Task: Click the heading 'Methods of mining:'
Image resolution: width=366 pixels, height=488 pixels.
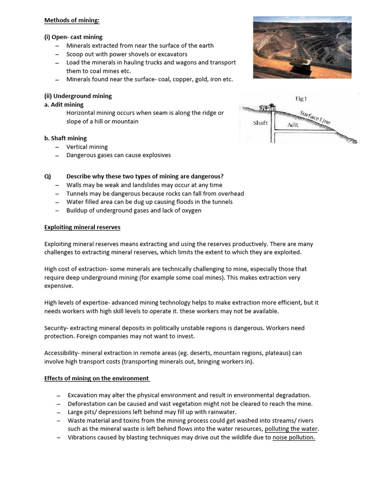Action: click(71, 20)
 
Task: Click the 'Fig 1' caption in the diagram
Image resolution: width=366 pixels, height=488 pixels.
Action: click(301, 99)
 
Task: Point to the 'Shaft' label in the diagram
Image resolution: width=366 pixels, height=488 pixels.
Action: click(261, 123)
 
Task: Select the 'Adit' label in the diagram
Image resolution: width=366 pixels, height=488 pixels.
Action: click(293, 125)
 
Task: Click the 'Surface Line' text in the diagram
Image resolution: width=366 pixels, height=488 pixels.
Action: click(315, 118)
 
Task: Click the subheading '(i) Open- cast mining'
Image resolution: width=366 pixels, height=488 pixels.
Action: click(73, 37)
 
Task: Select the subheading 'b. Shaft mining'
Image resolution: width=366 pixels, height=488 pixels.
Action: click(65, 138)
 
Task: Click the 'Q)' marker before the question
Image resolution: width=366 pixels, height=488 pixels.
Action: click(47, 176)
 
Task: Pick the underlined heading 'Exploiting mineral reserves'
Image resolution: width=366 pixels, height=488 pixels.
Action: click(82, 227)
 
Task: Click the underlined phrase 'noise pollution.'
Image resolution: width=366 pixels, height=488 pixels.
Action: click(294, 437)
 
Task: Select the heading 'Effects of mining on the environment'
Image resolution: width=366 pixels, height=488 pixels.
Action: click(97, 378)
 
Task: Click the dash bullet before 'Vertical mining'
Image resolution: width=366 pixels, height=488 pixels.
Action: click(57, 147)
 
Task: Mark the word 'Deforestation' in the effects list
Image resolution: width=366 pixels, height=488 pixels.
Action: click(86, 404)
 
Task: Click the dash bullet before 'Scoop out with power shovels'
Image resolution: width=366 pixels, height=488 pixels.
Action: click(57, 54)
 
